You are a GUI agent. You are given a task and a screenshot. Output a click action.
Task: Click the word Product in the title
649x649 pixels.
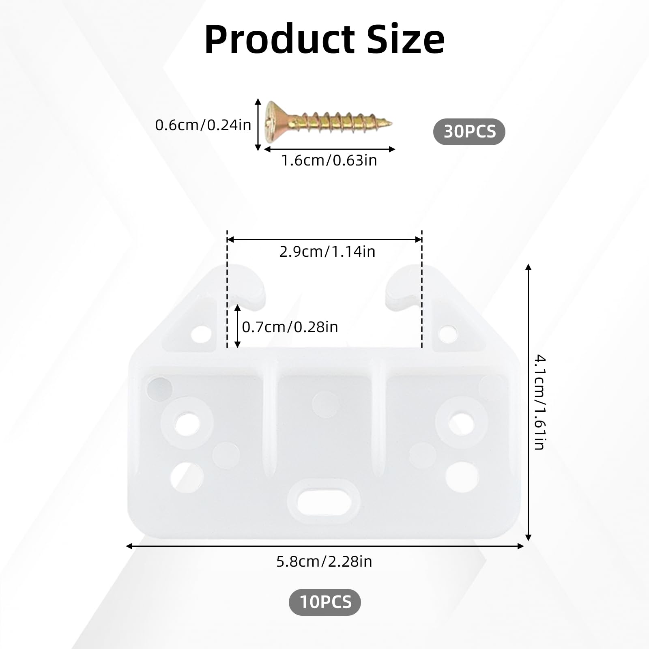coord(279,39)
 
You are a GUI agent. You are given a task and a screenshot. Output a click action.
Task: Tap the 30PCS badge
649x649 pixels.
coord(469,132)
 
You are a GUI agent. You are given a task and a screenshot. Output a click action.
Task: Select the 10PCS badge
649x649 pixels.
coord(325,602)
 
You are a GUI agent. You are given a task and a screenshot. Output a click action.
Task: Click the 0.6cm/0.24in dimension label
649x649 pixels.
coord(203,125)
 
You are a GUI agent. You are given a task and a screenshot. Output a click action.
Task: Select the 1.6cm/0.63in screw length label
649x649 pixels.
coord(329,161)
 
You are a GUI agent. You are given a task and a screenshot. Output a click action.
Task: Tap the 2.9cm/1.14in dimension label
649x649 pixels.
coord(327,251)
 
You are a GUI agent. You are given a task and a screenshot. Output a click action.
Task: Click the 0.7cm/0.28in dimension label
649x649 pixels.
coord(290,327)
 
